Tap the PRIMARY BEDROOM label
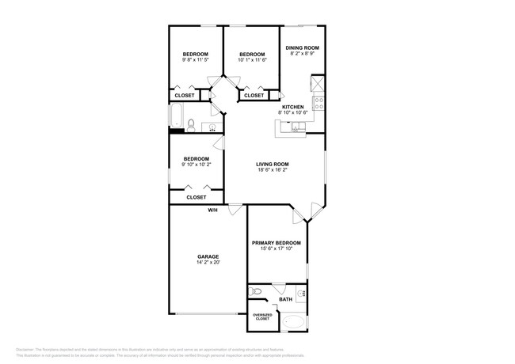[277, 243]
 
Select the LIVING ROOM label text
[273, 164]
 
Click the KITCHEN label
[293, 107]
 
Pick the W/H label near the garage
[212, 210]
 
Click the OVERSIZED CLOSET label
[261, 317]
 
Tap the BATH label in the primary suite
[286, 299]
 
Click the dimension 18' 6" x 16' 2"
[273, 170]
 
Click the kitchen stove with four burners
[319, 104]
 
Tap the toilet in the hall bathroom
[191, 123]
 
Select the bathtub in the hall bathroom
[176, 117]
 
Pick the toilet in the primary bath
[256, 292]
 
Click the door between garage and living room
[235, 209]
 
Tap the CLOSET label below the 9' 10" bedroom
[196, 197]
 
